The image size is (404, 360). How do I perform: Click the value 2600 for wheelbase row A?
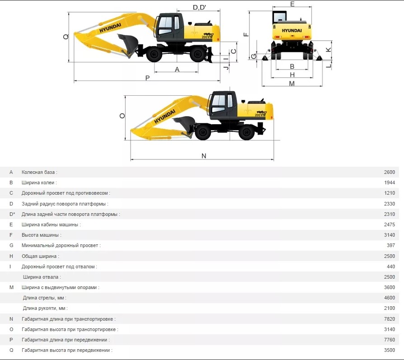(x=390, y=172)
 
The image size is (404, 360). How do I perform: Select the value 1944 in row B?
(x=390, y=182)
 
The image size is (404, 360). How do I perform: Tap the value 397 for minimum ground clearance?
(x=391, y=245)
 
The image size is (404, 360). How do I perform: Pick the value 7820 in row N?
(x=390, y=319)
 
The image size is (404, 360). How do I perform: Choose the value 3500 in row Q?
(x=390, y=350)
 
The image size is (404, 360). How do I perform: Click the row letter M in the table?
(x=11, y=287)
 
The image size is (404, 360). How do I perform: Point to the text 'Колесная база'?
(x=38, y=172)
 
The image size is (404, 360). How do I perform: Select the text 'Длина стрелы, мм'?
(x=43, y=298)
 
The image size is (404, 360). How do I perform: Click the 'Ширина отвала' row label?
(x=41, y=277)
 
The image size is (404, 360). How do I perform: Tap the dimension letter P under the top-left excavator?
(x=147, y=78)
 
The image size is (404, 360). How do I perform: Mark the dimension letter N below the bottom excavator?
(x=204, y=156)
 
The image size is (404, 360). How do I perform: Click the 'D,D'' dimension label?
(x=199, y=8)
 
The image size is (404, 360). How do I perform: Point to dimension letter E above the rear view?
(x=292, y=4)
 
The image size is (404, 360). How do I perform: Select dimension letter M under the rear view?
(x=291, y=84)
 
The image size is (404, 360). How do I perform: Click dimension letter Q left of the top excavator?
(x=66, y=37)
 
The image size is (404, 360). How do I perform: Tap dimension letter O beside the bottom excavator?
(x=122, y=116)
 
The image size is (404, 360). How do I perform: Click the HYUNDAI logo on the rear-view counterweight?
(x=291, y=31)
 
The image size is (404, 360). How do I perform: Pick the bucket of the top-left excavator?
(x=128, y=42)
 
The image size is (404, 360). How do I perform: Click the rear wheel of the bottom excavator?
(x=247, y=132)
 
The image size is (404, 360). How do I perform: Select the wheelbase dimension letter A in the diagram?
(x=177, y=69)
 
